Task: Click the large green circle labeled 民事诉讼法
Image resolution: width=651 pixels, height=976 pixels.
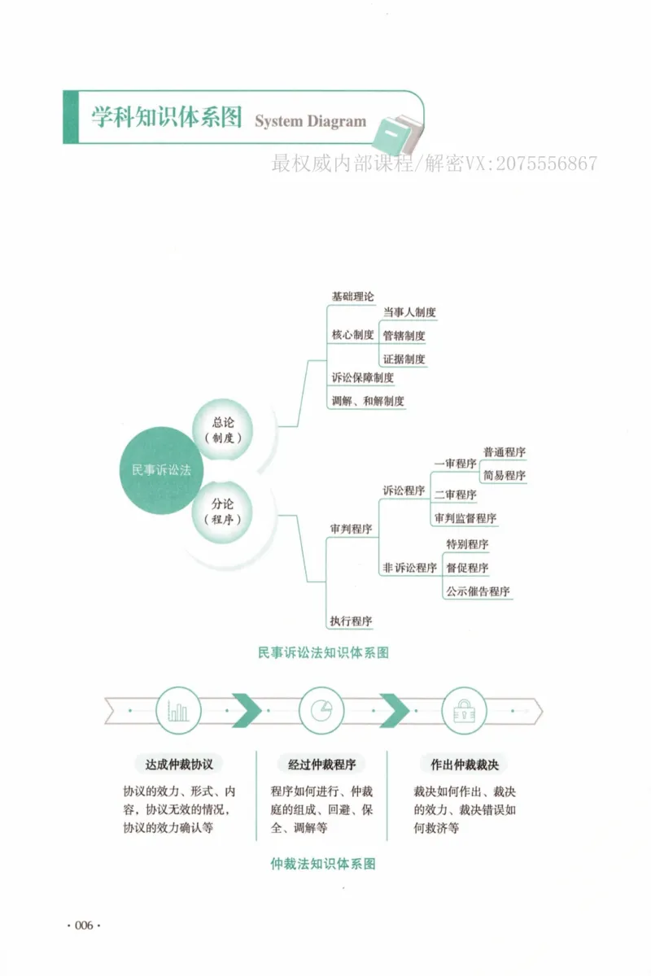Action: click(161, 470)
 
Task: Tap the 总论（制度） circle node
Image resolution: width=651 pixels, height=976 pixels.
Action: click(223, 429)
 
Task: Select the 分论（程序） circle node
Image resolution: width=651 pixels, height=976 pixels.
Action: click(222, 512)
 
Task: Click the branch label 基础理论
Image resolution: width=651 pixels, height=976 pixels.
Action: click(352, 297)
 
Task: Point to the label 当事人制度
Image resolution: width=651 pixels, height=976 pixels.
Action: click(409, 312)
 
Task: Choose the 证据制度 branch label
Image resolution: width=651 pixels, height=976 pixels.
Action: click(404, 359)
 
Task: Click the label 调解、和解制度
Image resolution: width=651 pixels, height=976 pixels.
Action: click(368, 401)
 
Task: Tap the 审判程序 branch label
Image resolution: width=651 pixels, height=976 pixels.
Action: click(351, 529)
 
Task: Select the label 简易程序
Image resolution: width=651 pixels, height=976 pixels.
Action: click(504, 475)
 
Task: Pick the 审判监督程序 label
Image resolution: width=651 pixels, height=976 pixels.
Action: click(465, 518)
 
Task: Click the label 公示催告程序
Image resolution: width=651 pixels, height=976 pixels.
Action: click(478, 591)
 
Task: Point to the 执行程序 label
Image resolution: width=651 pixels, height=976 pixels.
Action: click(351, 621)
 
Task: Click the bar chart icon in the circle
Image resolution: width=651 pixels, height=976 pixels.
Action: click(178, 710)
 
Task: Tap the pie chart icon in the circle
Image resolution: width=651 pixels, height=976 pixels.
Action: click(321, 710)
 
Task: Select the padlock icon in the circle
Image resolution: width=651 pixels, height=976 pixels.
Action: click(464, 711)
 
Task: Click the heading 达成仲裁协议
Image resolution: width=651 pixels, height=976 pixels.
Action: click(179, 765)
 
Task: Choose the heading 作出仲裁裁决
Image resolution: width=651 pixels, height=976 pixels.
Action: click(465, 765)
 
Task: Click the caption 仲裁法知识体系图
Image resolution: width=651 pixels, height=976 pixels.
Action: click(323, 864)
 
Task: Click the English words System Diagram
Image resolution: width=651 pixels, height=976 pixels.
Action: click(311, 121)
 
